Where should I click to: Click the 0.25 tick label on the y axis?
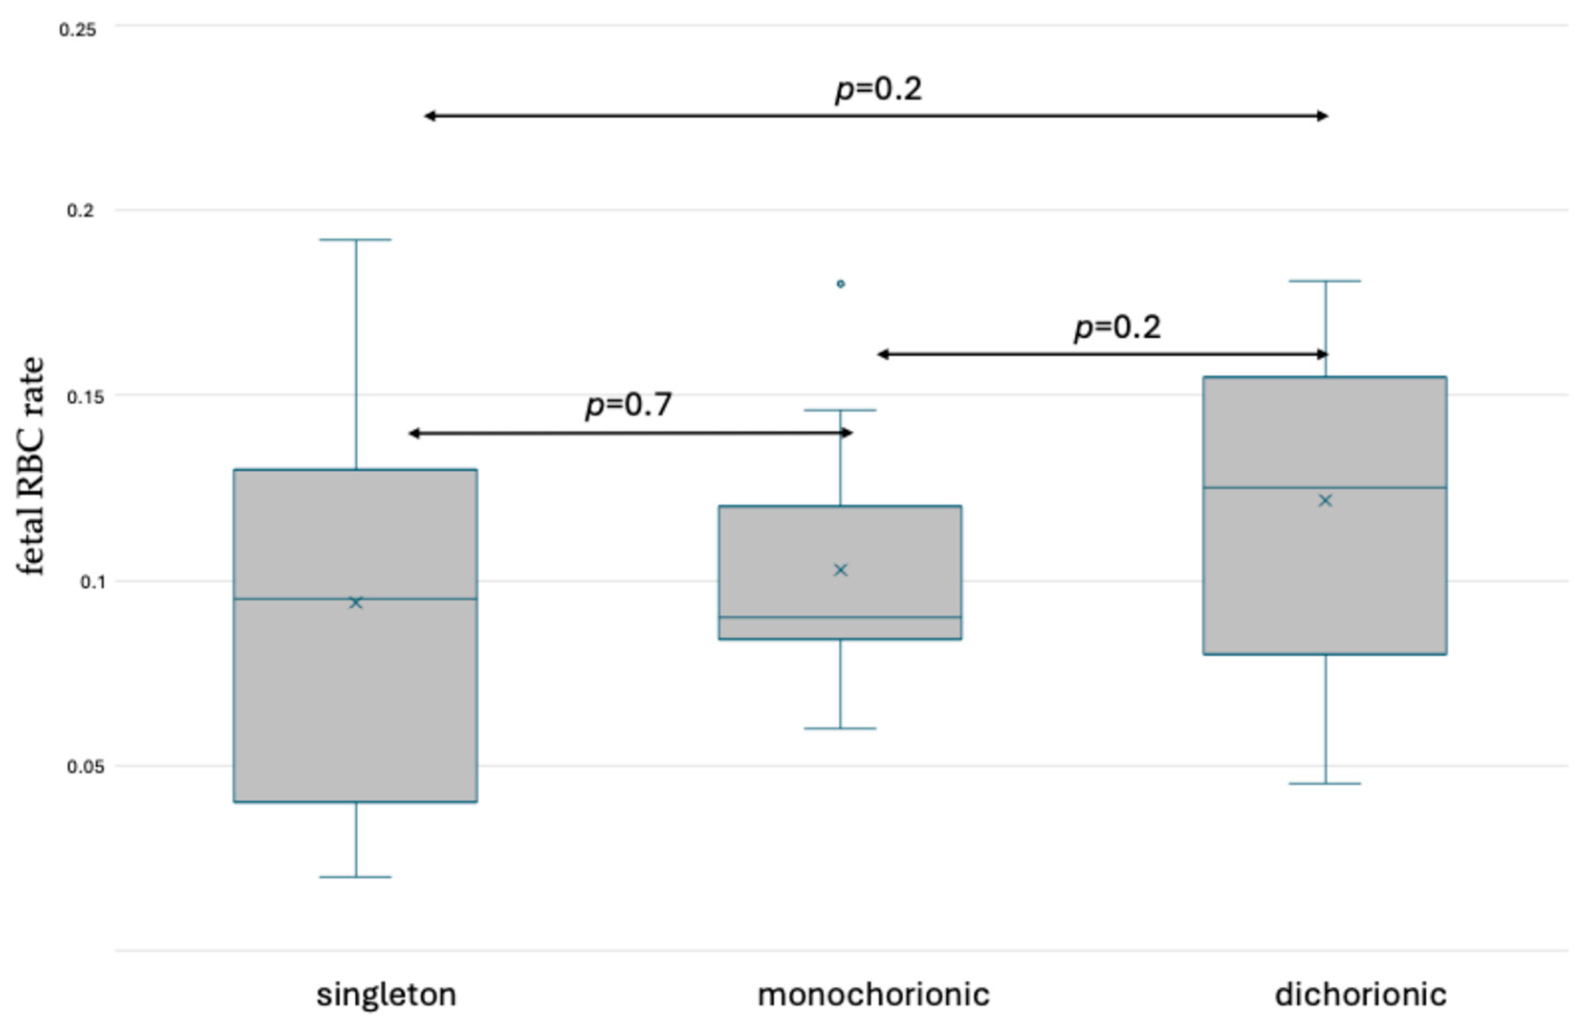(78, 30)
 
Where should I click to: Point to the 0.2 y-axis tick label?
(81, 211)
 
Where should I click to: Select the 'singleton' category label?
(386, 995)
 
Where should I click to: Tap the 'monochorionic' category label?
(873, 995)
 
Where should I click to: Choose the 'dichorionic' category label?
(1361, 995)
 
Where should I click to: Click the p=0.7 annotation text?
(628, 405)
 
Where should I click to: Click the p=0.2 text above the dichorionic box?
(1117, 327)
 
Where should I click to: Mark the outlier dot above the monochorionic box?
(840, 284)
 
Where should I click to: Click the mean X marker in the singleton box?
(356, 602)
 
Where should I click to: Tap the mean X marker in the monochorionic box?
(840, 570)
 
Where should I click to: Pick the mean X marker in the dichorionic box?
(1325, 501)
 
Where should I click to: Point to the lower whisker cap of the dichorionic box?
(1325, 784)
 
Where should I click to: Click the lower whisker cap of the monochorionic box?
(840, 728)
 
